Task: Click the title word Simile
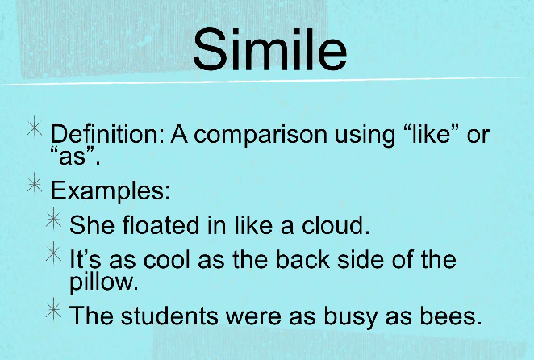(269, 50)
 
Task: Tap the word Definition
(107, 134)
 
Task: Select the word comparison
(261, 136)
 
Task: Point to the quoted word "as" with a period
(75, 156)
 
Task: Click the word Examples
(111, 190)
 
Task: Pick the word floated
(161, 224)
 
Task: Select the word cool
(166, 259)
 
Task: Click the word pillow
(104, 282)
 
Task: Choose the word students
(169, 316)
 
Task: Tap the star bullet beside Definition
(35, 128)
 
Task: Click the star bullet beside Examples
(35, 184)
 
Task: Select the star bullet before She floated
(54, 219)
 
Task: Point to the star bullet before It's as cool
(54, 253)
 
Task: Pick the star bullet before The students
(54, 309)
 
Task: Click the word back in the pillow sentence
(302, 259)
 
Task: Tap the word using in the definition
(365, 136)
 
